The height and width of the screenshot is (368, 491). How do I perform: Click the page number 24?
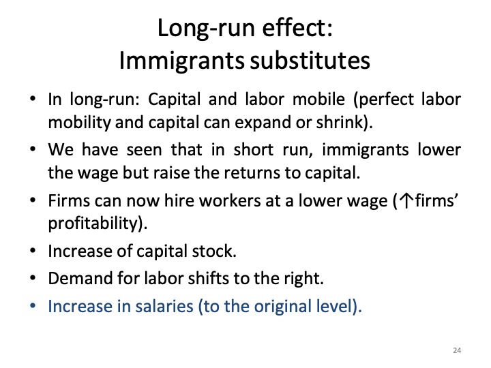pyautogui.click(x=457, y=350)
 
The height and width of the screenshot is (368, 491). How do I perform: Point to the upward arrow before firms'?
pyautogui.click(x=398, y=202)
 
